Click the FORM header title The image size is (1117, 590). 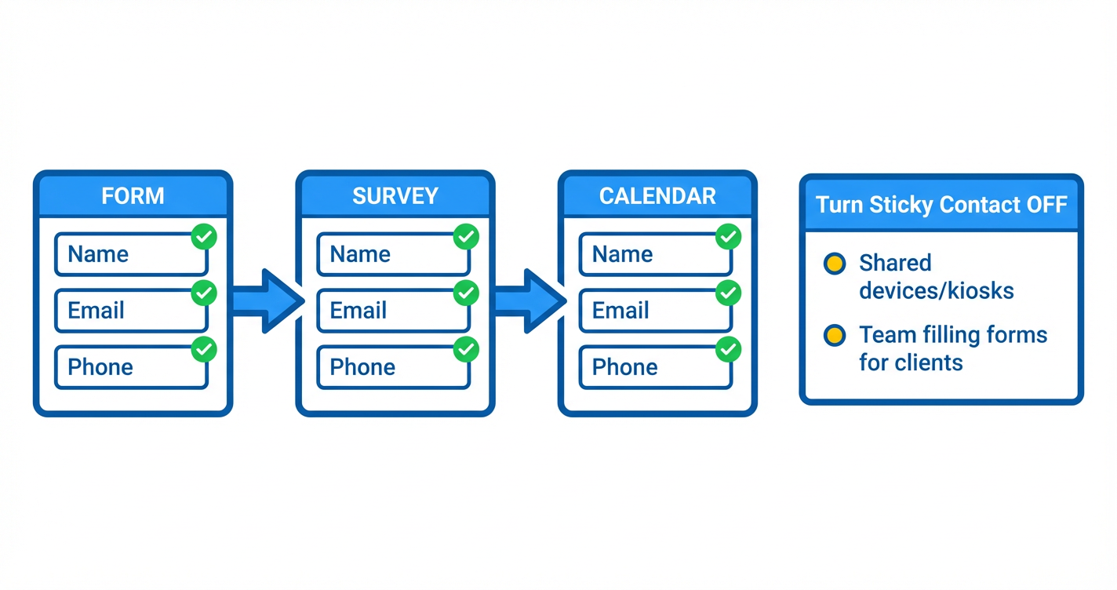point(133,195)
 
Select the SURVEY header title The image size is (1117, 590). point(395,195)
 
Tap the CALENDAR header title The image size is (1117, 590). point(657,195)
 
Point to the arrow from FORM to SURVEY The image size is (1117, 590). point(266,300)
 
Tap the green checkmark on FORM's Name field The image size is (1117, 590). point(205,236)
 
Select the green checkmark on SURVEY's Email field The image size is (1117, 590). point(467,293)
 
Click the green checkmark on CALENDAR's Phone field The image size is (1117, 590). point(729,350)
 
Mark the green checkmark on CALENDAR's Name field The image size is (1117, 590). point(729,236)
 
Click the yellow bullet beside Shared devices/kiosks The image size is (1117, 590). point(835,264)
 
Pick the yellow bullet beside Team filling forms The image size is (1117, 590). point(835,336)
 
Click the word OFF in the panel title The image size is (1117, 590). point(1046,206)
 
